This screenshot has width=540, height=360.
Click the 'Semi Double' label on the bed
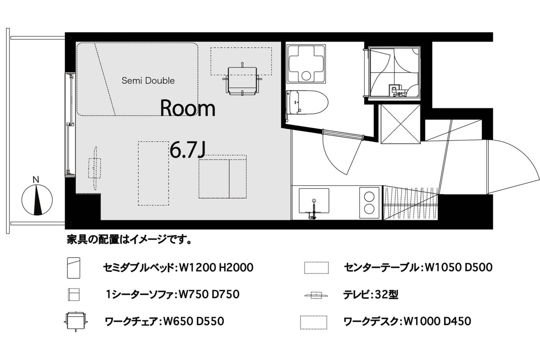[148, 80]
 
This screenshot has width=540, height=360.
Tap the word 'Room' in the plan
[188, 108]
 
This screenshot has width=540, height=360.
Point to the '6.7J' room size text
[188, 150]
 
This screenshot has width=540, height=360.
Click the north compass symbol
[37, 200]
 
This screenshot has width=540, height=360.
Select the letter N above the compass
[36, 180]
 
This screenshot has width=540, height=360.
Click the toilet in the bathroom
[307, 103]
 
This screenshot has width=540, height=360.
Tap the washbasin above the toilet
[306, 63]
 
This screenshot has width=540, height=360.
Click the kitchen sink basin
[314, 200]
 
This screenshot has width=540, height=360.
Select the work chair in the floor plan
[242, 81]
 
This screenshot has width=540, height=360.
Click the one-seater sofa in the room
[222, 177]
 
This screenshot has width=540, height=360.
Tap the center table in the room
[153, 173]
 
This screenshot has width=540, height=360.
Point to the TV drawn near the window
[95, 168]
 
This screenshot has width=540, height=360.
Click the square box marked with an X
[400, 124]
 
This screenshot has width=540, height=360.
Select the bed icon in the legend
[73, 268]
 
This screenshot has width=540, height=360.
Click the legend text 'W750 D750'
[209, 294]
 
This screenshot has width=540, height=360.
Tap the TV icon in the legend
[316, 295]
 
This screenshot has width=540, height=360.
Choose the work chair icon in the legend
[76, 321]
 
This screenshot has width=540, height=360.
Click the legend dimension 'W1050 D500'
[458, 267]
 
